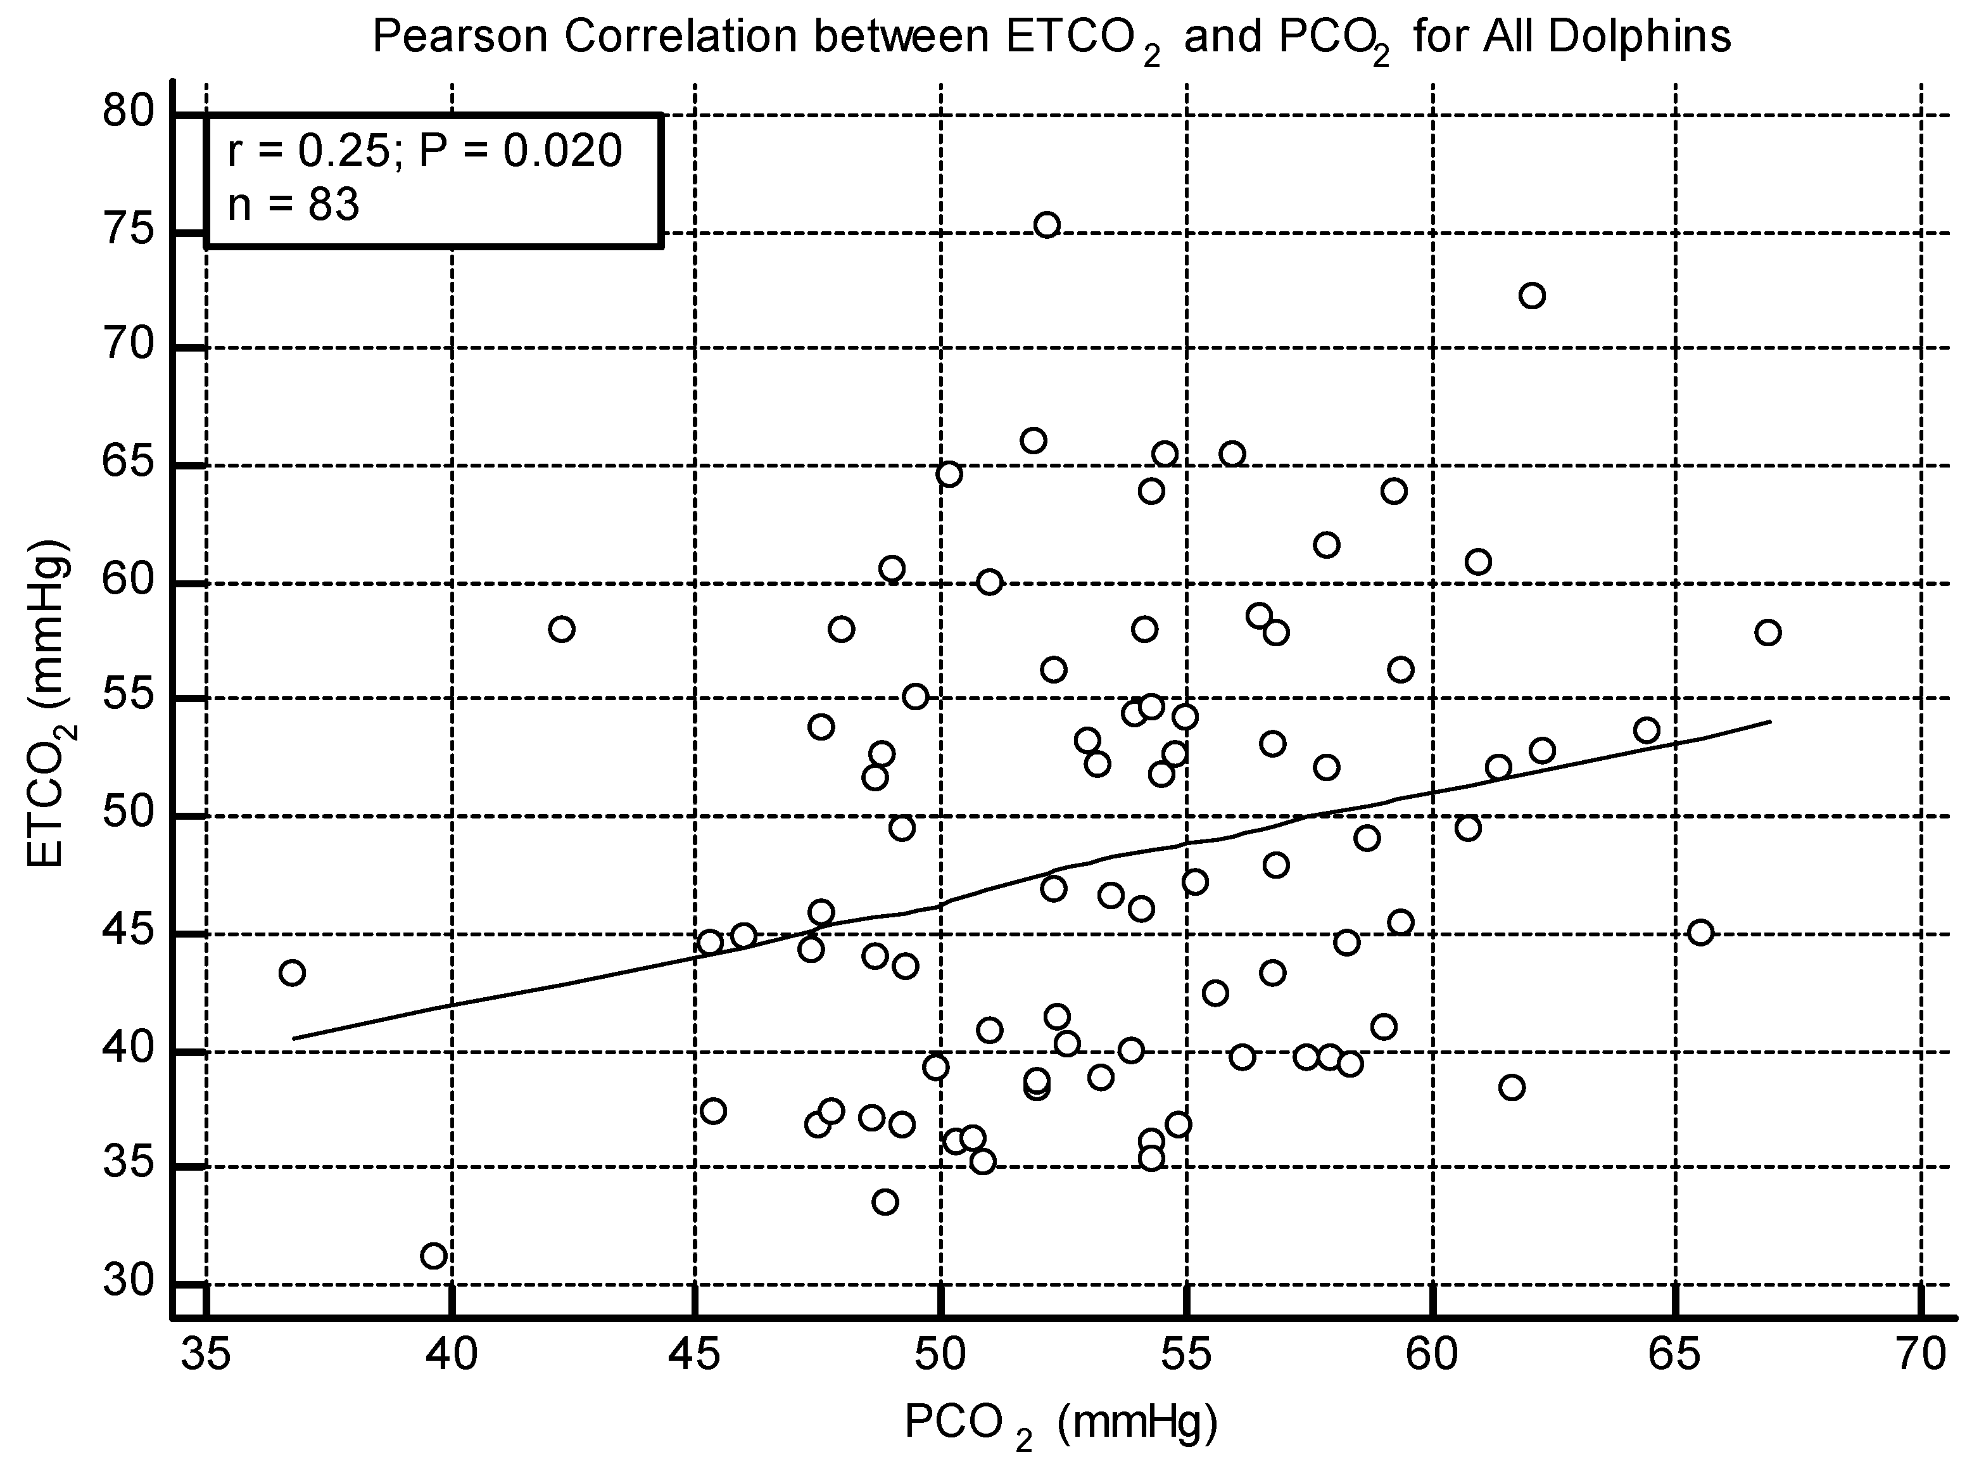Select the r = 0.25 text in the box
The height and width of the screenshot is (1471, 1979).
point(307,151)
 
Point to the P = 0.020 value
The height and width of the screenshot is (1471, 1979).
point(520,151)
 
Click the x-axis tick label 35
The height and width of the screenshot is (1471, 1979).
point(206,1354)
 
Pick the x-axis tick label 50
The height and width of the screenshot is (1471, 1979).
point(941,1354)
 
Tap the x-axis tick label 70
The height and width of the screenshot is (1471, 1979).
point(1921,1354)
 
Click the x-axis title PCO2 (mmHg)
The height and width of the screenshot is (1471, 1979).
point(1059,1423)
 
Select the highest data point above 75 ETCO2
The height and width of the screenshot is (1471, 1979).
point(1047,224)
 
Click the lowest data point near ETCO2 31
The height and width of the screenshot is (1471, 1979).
point(434,1256)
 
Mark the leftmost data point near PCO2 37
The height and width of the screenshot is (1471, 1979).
point(292,972)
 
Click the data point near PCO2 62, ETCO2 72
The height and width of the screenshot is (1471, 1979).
point(1532,296)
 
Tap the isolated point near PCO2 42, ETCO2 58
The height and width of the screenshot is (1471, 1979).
point(562,628)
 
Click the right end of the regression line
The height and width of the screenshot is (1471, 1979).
point(1768,722)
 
